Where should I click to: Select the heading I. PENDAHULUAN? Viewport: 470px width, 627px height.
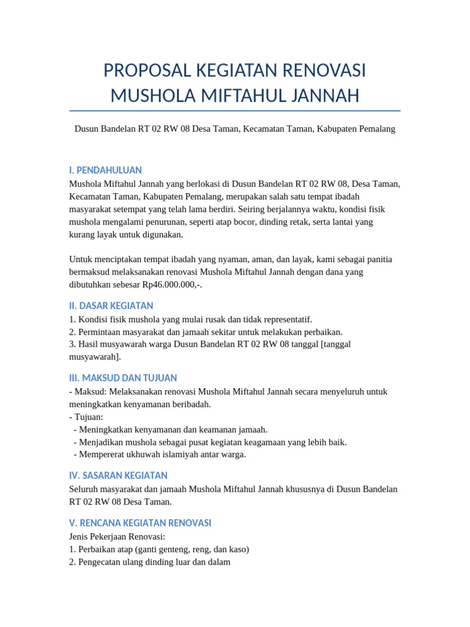point(105,170)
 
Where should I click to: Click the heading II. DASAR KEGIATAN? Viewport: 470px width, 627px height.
point(111,306)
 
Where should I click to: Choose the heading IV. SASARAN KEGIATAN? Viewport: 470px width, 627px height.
point(118,475)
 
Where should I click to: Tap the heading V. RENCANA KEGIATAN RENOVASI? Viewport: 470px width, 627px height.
point(140,523)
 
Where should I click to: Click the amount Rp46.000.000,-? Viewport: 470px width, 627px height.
point(171,285)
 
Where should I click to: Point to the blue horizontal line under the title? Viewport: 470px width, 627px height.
point(235,111)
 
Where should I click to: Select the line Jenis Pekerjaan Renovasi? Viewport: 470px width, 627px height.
point(113,536)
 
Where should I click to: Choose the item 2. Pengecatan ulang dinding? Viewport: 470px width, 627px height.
point(150,561)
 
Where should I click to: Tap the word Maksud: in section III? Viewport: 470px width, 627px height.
point(90,391)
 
